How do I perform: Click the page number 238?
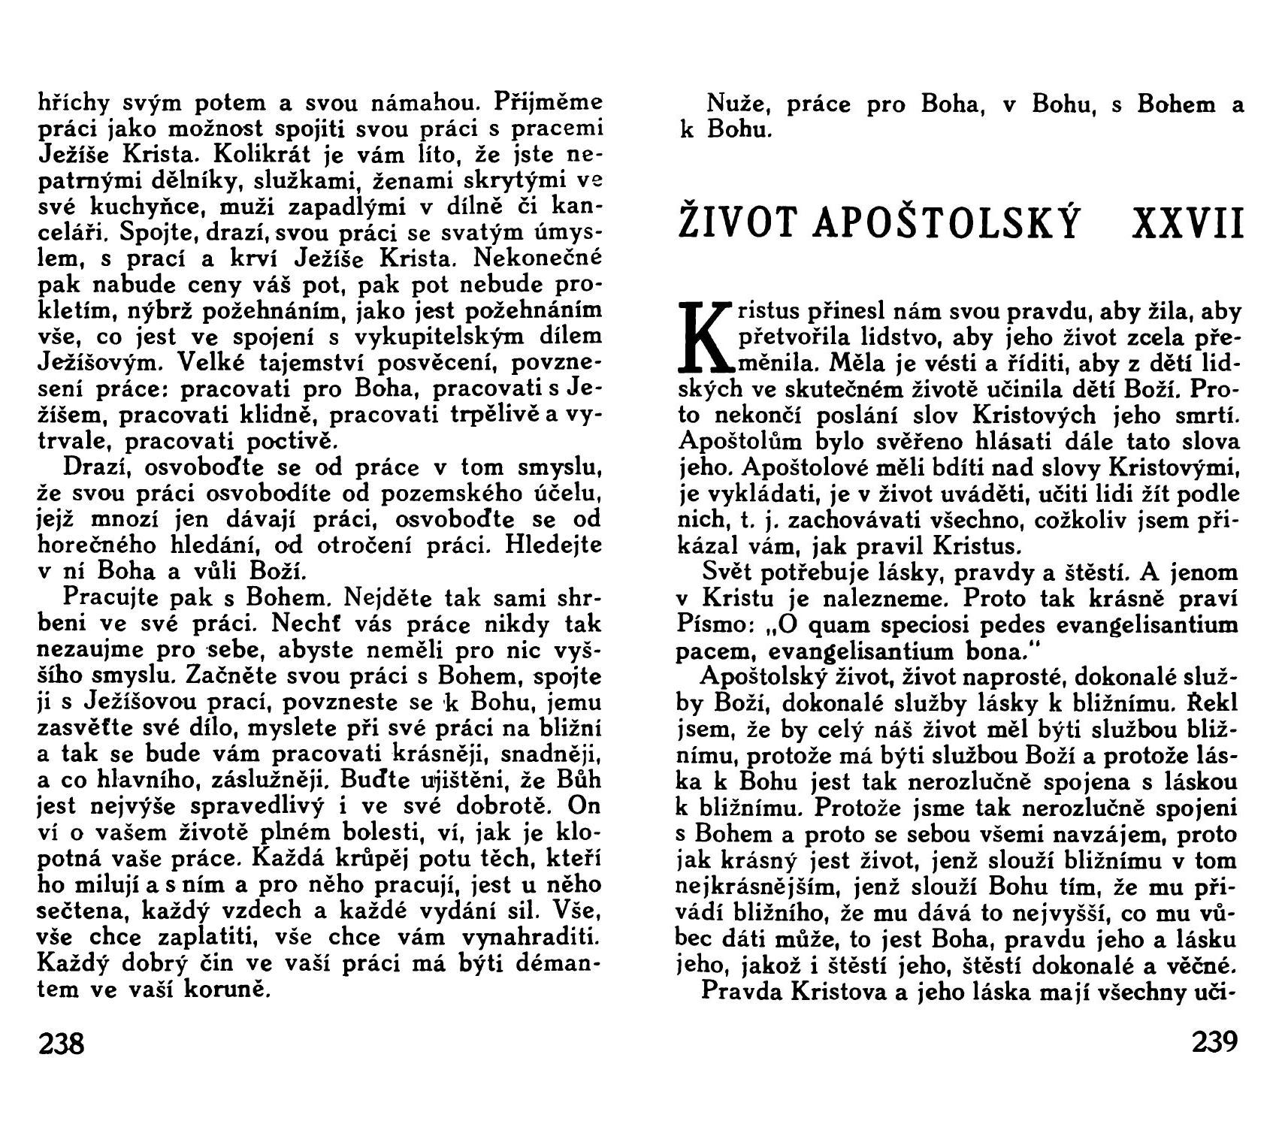62,1044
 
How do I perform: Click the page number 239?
1214,1042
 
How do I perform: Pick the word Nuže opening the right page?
733,104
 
